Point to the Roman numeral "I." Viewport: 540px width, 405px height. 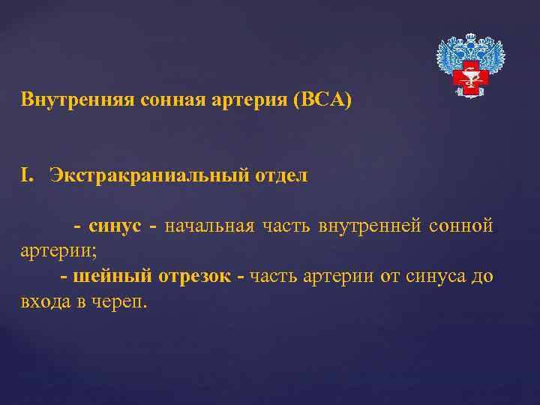(x=29, y=175)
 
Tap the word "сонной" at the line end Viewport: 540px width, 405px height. (x=462, y=226)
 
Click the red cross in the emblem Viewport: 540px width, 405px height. (x=471, y=76)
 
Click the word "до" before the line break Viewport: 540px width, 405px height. (x=482, y=277)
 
